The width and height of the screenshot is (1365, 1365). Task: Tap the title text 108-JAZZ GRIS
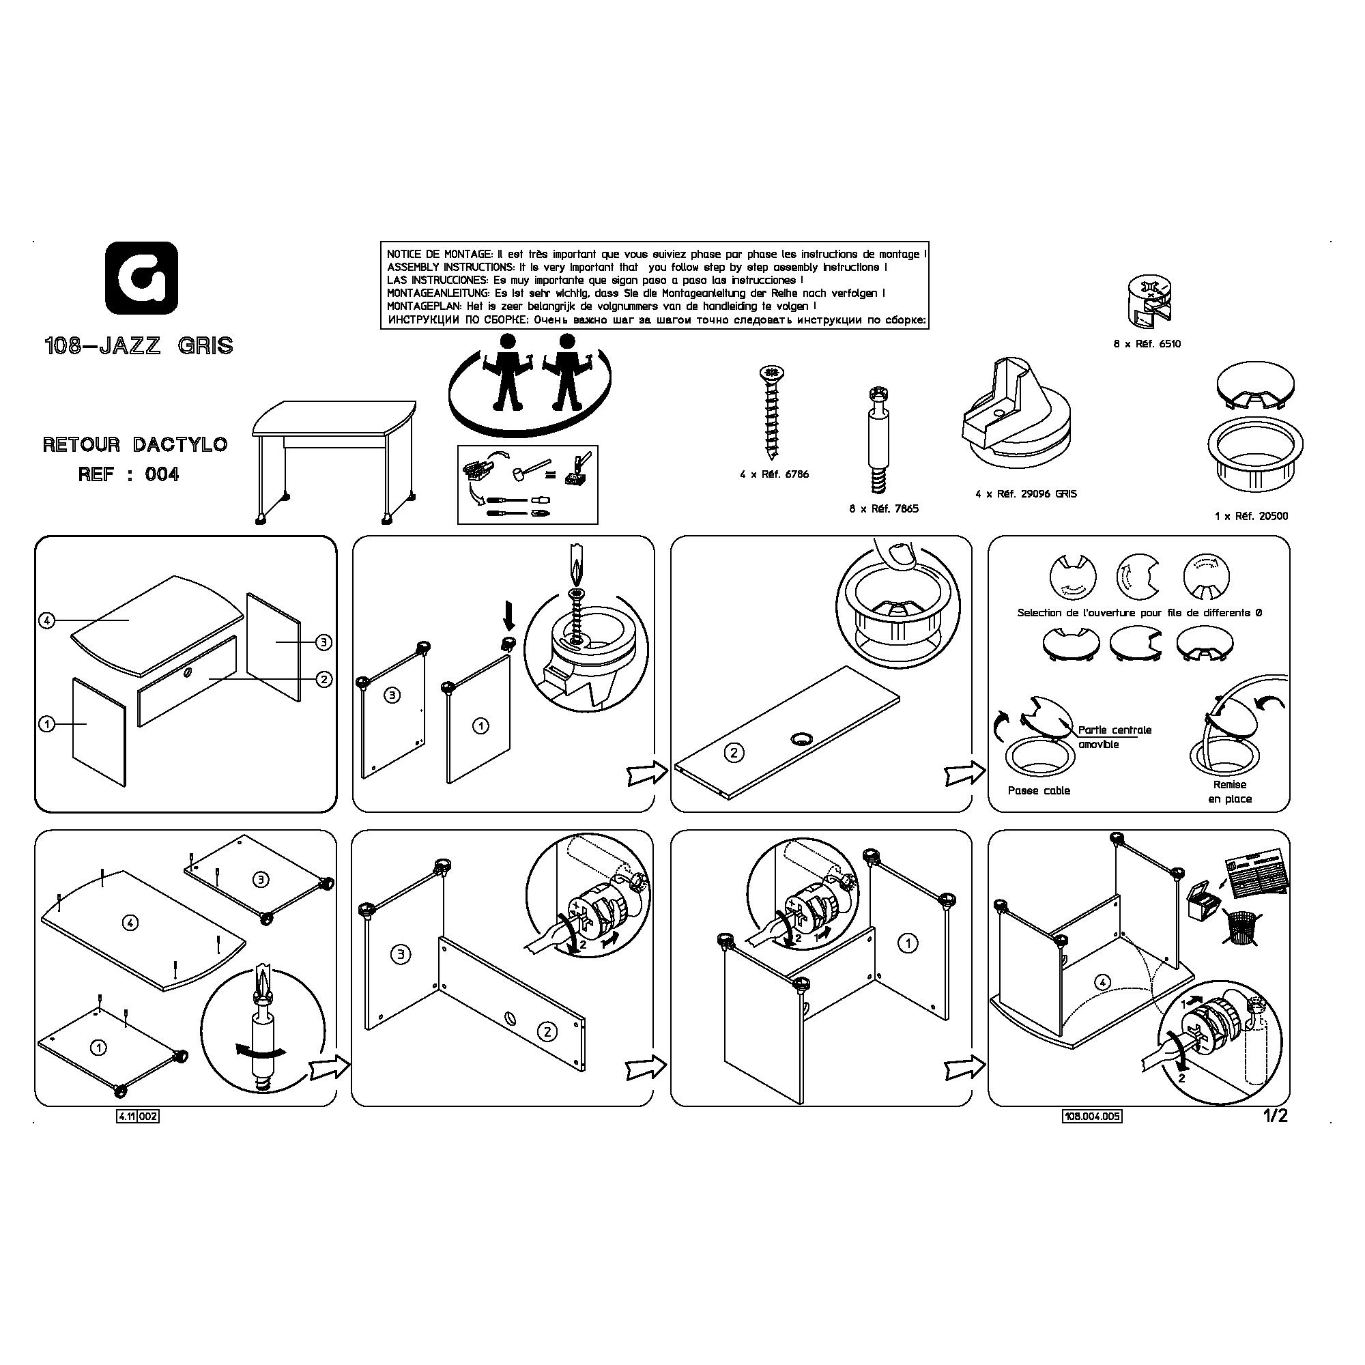point(139,346)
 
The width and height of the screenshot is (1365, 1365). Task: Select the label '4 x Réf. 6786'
point(775,474)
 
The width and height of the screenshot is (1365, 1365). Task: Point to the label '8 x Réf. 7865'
point(884,508)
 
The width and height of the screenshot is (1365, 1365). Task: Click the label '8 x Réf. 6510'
point(1147,344)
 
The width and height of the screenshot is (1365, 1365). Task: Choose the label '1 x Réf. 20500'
point(1251,517)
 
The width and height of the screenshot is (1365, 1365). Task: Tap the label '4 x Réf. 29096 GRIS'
point(1026,494)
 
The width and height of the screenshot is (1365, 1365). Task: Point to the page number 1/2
point(1276,1117)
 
